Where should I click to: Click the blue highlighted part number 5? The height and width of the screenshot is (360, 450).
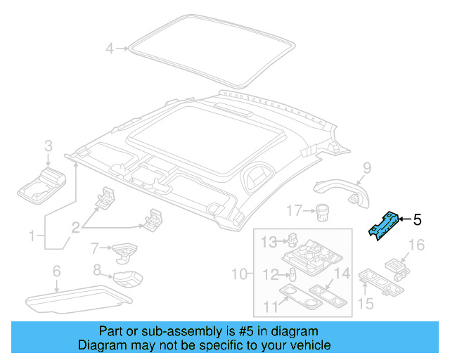383,226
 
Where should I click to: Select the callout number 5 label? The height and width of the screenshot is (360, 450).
417,219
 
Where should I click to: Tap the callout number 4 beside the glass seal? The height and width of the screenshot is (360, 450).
110,49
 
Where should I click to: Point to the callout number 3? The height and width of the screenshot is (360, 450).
49,146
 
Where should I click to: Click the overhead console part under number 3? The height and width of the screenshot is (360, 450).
42,186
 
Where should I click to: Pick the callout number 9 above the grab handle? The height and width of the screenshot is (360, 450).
367,168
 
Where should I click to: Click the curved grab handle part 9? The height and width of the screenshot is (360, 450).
342,192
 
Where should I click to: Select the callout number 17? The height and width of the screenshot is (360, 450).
295,211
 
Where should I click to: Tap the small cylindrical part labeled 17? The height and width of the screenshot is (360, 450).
322,213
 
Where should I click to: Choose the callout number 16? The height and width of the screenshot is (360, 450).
416,245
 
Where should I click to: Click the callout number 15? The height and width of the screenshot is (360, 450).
366,304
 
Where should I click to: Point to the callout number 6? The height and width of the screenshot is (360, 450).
56,271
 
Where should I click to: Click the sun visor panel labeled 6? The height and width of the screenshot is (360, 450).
79,299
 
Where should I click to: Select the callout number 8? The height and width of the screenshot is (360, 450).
97,270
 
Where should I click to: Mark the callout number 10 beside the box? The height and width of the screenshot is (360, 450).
240,274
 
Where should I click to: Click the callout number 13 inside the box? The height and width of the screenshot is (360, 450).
269,243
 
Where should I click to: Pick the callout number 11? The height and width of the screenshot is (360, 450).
271,307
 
